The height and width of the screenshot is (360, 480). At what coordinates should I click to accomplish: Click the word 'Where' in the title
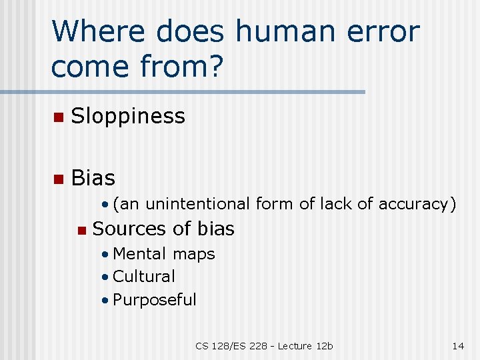pyautogui.click(x=89, y=31)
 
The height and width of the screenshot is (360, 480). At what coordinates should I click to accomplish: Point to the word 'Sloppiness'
pyautogui.click(x=128, y=117)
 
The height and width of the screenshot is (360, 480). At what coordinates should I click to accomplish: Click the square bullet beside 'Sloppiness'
pyautogui.click(x=58, y=118)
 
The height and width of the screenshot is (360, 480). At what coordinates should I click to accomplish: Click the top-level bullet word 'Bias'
pyautogui.click(x=93, y=178)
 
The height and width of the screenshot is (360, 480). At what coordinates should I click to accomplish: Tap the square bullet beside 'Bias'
pyautogui.click(x=58, y=179)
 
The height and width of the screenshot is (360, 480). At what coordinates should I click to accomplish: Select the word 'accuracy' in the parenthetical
pyautogui.click(x=417, y=205)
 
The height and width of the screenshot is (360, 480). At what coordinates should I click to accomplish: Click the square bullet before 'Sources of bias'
pyautogui.click(x=81, y=231)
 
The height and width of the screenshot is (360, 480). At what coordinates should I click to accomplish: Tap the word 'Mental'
pyautogui.click(x=140, y=254)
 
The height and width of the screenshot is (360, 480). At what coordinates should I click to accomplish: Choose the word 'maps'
pyautogui.click(x=194, y=254)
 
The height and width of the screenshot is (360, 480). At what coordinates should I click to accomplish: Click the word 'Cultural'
pyautogui.click(x=144, y=276)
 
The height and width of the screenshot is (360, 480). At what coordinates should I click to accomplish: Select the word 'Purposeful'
pyautogui.click(x=155, y=299)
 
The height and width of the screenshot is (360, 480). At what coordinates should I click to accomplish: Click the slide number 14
pyautogui.click(x=458, y=345)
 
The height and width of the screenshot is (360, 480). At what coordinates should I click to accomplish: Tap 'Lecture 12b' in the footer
pyautogui.click(x=305, y=345)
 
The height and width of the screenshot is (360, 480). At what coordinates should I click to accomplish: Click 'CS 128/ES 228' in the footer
pyautogui.click(x=231, y=345)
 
